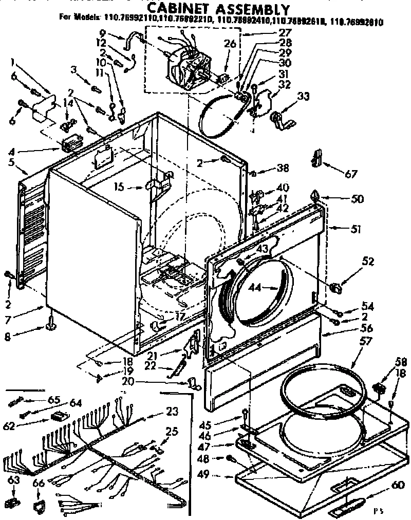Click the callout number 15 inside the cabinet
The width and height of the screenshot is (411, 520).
tap(119, 188)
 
